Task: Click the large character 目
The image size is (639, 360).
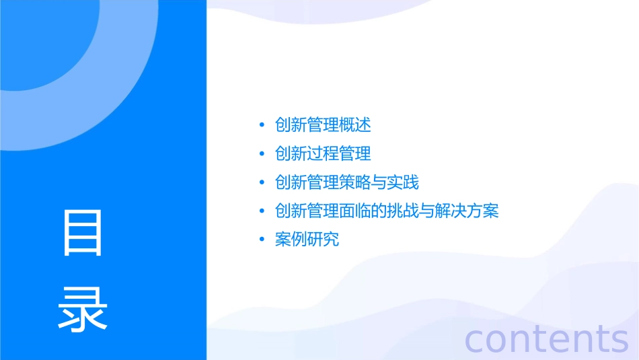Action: [x=83, y=233]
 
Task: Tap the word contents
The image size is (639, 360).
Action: [x=546, y=339]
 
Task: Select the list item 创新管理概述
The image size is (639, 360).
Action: [x=323, y=125]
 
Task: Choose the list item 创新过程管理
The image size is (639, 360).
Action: [x=323, y=154]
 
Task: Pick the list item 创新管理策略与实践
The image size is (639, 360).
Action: [x=347, y=182]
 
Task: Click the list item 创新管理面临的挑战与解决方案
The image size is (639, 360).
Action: [x=387, y=211]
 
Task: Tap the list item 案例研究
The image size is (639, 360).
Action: [x=307, y=240]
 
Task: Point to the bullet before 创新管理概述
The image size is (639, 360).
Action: [x=262, y=126]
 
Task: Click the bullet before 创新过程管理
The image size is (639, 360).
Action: [x=262, y=155]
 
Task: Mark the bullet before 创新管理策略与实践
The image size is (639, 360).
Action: [x=262, y=183]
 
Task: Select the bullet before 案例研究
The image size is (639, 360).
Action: [x=262, y=240]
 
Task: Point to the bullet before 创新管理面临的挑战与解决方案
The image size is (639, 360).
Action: [x=262, y=212]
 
